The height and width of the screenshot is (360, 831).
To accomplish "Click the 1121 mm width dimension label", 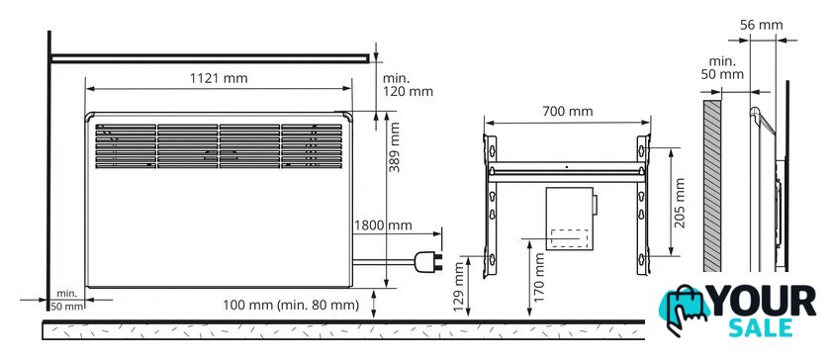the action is [x=219, y=78].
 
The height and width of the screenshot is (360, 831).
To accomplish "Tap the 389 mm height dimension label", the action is [x=395, y=146].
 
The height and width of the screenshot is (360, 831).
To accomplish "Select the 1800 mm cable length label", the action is [x=383, y=225].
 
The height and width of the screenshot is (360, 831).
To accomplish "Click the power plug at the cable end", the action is [x=428, y=262].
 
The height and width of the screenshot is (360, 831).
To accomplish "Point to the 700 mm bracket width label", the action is [x=568, y=112].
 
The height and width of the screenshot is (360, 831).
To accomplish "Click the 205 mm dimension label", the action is [x=679, y=203].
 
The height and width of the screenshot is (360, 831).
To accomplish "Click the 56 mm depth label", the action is [x=762, y=25].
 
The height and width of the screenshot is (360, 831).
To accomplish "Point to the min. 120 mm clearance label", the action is [x=408, y=85].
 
